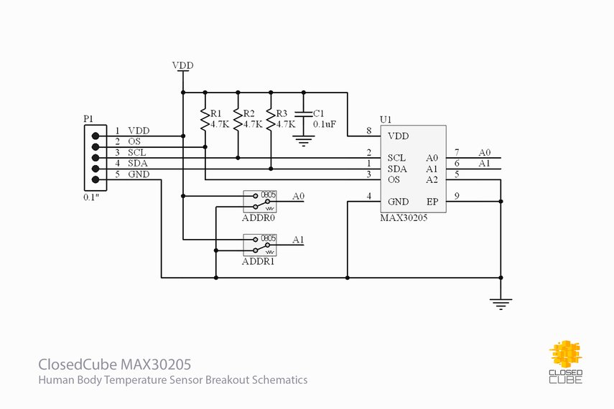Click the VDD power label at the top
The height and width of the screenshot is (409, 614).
click(183, 65)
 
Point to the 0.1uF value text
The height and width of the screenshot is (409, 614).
click(324, 124)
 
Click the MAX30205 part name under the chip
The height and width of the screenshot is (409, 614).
click(404, 217)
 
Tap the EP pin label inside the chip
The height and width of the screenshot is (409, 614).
click(432, 202)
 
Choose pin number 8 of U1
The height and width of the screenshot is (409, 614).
click(368, 131)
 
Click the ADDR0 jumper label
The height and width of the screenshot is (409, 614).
click(259, 217)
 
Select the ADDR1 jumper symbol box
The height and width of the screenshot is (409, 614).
click(260, 244)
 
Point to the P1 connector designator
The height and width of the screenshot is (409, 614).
click(88, 118)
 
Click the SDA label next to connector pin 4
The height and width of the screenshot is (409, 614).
click(137, 164)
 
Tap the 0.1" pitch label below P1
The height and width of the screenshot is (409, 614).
click(91, 196)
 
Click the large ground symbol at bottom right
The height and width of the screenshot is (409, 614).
click(501, 304)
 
